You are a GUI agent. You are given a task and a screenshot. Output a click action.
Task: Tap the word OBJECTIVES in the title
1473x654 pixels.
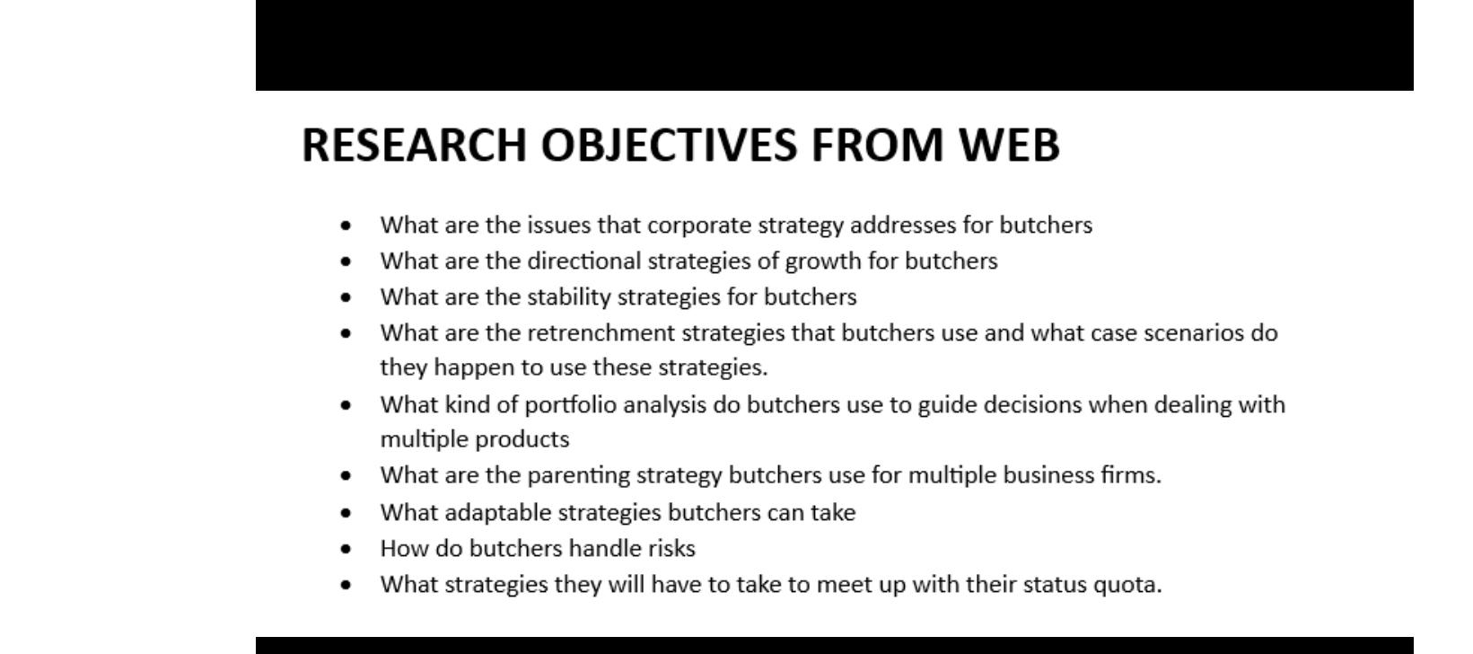coord(669,145)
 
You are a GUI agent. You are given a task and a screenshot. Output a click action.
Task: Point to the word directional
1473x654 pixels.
coord(584,261)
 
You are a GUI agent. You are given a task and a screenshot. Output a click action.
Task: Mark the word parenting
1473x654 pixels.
coord(578,475)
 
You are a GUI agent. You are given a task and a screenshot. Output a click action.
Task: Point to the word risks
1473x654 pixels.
coord(671,549)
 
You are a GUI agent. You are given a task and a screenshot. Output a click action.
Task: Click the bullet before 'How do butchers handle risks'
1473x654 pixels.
coord(346,549)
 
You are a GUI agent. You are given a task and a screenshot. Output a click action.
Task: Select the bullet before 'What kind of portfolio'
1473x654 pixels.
coord(346,405)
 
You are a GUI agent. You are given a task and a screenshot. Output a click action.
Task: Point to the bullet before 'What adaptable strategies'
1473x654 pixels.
coord(346,513)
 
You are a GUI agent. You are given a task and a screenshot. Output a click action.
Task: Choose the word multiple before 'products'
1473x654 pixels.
coord(424,439)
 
